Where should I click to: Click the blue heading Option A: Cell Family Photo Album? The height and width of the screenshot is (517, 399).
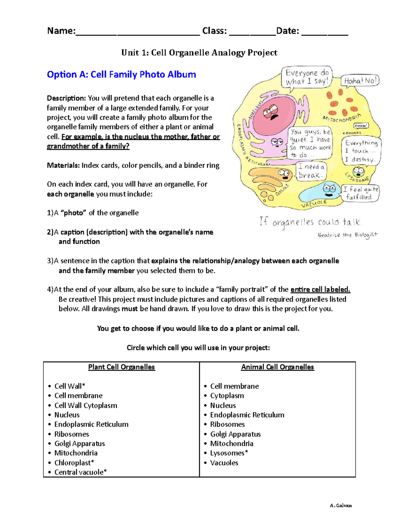click(121, 74)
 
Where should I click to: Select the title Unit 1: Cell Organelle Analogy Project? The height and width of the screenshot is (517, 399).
click(199, 53)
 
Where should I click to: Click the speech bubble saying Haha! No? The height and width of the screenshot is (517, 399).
click(360, 81)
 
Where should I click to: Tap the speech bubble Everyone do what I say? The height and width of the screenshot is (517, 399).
click(307, 77)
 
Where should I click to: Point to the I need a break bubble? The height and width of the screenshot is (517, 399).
click(311, 171)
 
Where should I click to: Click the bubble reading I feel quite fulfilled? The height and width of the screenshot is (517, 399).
click(360, 193)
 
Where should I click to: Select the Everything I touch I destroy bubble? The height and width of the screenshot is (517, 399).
click(361, 151)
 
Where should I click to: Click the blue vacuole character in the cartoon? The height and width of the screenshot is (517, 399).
click(321, 192)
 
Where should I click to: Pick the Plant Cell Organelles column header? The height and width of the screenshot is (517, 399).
click(121, 367)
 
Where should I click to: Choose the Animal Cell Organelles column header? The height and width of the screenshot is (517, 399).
click(277, 367)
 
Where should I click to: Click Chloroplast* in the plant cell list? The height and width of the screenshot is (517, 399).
click(74, 463)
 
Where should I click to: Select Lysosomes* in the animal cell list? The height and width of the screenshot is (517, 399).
click(229, 453)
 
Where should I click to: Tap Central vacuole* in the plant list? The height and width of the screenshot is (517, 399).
click(80, 472)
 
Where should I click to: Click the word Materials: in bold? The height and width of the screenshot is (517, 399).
click(63, 165)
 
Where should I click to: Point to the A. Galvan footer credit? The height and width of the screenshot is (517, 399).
click(340, 505)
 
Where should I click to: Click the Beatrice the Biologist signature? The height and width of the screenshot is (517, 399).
click(347, 235)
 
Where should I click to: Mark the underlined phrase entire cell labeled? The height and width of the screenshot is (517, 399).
click(320, 290)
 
